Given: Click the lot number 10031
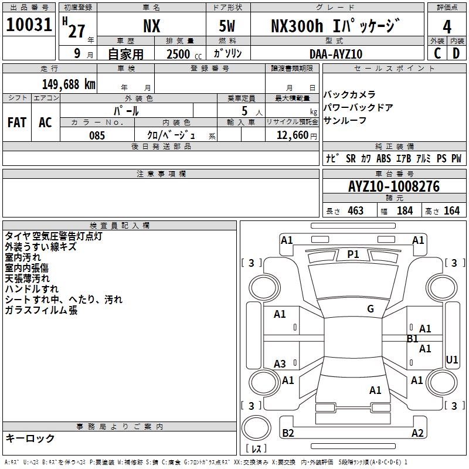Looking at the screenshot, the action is tap(29, 25).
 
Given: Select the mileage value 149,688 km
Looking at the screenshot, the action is tap(69, 84).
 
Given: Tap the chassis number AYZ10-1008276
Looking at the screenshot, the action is tap(394, 186).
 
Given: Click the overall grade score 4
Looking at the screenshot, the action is tap(447, 27).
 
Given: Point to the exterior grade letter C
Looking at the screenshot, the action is tap(437, 53).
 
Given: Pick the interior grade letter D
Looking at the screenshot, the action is tap(456, 53).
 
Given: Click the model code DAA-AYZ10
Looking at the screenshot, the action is tap(336, 54).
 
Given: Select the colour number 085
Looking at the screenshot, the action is tap(97, 135).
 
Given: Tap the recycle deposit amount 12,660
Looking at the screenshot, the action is tap(293, 135).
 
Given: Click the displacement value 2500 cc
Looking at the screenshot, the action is tap(184, 54).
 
